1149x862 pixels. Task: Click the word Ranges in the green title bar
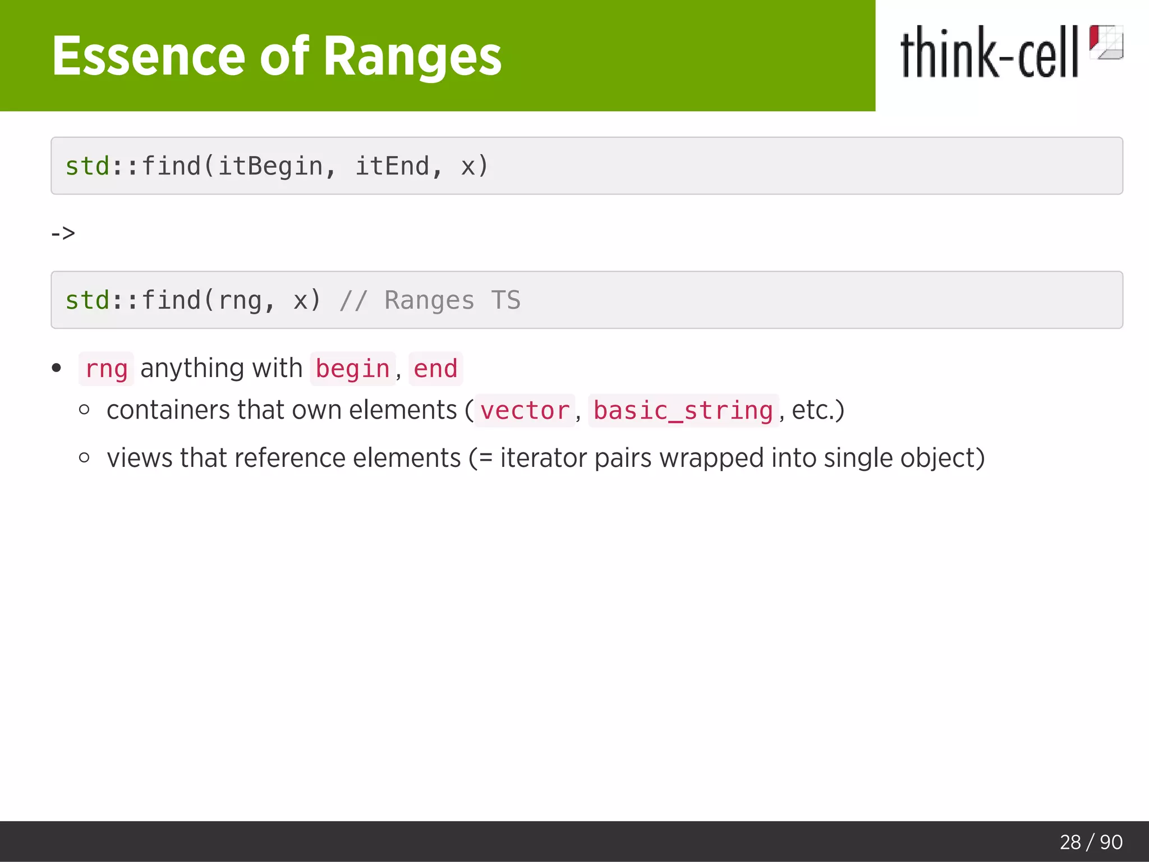tap(412, 56)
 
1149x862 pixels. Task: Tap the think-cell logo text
tap(989, 53)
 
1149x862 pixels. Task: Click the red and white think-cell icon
tap(1106, 42)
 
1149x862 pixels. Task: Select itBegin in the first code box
tap(270, 166)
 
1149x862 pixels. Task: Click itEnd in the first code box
tap(392, 166)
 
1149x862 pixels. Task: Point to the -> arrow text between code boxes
tap(63, 233)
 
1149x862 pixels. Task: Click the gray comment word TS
tap(505, 300)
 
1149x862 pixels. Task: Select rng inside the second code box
tap(240, 300)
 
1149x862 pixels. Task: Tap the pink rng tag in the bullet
tap(106, 369)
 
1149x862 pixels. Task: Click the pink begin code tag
tap(352, 369)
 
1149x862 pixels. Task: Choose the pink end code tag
tap(435, 369)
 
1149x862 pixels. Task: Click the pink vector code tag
tap(525, 410)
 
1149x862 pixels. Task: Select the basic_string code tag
tap(683, 410)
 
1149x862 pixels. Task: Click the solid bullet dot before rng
tap(56, 368)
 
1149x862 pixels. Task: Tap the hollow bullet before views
tap(84, 458)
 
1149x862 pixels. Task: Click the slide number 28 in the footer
tap(1070, 842)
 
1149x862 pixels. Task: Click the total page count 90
tap(1111, 842)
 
